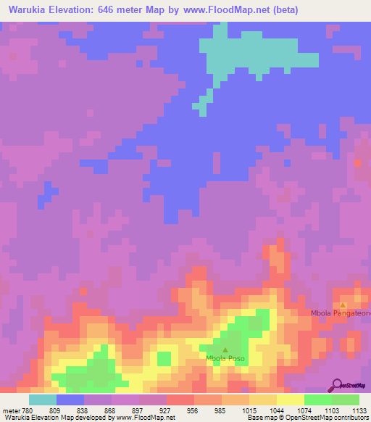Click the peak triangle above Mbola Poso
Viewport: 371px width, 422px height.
pos(224,349)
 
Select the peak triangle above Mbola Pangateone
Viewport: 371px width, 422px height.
pos(343,305)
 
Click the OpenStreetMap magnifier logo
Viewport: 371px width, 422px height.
pos(335,384)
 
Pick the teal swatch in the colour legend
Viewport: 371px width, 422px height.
pos(43,400)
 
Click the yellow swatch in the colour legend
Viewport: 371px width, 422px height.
pos(291,400)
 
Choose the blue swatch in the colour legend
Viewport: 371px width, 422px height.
pos(70,400)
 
